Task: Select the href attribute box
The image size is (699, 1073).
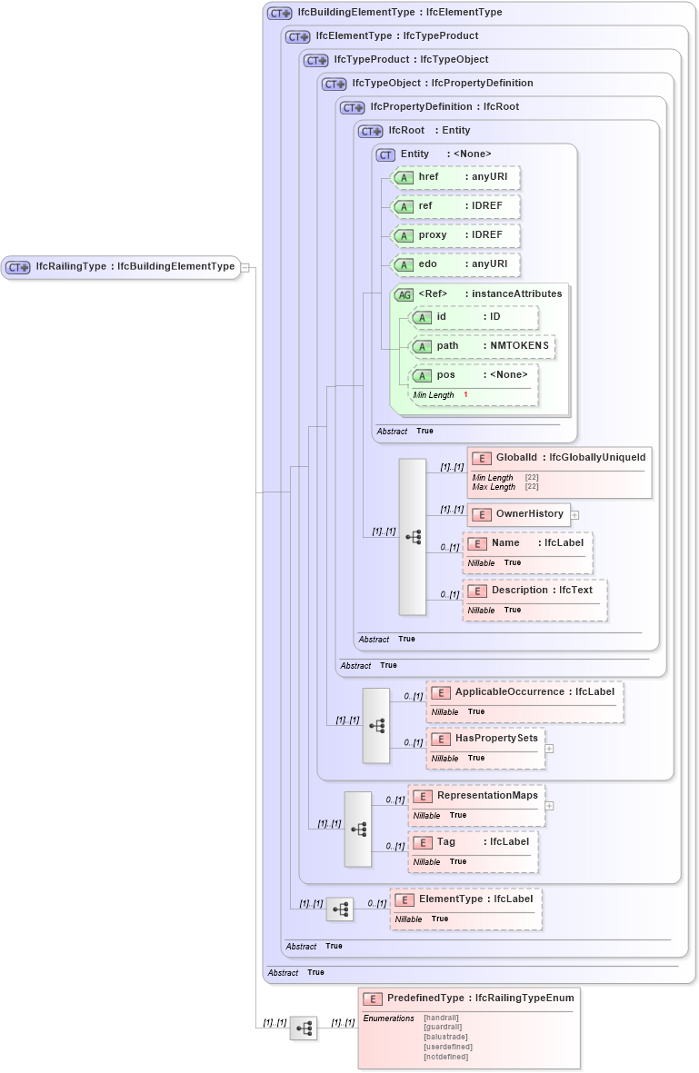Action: [x=455, y=177]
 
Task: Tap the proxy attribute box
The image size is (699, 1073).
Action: [x=455, y=235]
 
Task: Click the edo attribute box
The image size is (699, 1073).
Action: [x=455, y=264]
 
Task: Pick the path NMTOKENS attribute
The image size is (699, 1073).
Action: [x=483, y=346]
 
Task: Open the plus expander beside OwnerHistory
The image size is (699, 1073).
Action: [x=575, y=515]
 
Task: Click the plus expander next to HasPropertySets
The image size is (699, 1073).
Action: [x=550, y=750]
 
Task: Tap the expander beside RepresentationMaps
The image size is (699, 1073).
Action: [x=550, y=806]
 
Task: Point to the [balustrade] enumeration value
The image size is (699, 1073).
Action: [x=445, y=1037]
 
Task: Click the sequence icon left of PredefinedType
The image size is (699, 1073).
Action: [x=304, y=1028]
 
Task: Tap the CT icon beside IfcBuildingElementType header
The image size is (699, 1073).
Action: [x=279, y=14]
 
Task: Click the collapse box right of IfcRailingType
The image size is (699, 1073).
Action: [x=245, y=268]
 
